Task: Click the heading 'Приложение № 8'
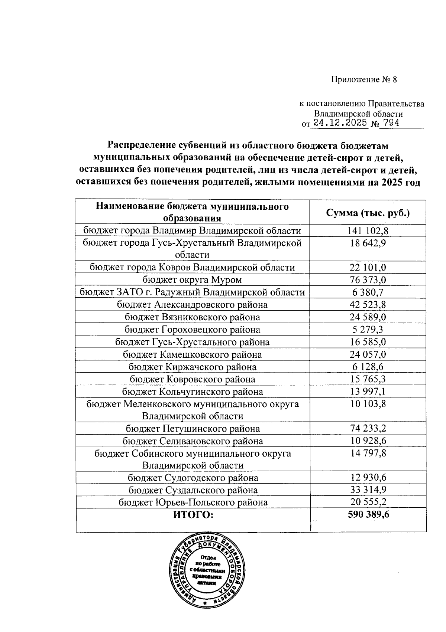(364, 80)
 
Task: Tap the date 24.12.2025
(340, 123)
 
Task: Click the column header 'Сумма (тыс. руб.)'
(368, 213)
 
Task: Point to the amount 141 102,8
(368, 231)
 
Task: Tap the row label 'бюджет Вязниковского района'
(192, 317)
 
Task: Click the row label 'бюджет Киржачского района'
(192, 367)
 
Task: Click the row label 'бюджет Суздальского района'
(193, 490)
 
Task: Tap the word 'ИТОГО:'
(193, 515)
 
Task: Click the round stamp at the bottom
(208, 572)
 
